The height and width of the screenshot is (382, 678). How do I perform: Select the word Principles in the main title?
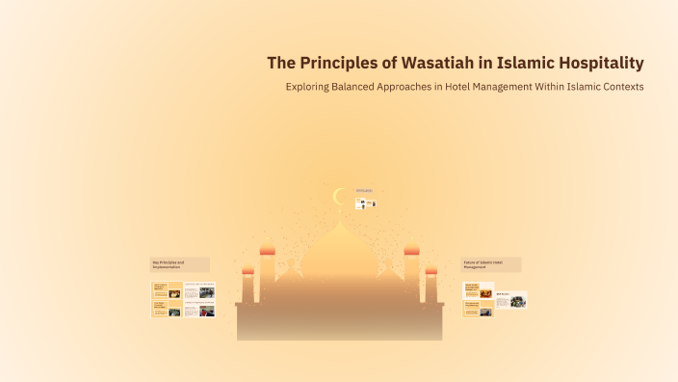click(x=341, y=64)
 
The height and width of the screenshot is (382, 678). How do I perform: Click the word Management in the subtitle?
click(x=492, y=87)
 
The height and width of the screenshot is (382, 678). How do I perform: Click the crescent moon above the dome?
click(x=338, y=197)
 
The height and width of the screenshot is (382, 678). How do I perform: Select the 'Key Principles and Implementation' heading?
click(x=180, y=263)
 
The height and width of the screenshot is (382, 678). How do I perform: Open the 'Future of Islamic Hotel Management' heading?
click(x=491, y=263)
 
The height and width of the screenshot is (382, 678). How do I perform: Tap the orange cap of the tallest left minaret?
click(x=268, y=251)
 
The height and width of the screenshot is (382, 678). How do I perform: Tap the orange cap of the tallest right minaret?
click(x=411, y=251)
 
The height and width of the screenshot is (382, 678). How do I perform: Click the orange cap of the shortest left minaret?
click(x=248, y=271)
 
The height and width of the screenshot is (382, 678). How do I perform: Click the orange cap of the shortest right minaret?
click(x=430, y=271)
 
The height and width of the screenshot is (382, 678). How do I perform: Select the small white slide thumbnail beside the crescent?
click(x=365, y=204)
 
